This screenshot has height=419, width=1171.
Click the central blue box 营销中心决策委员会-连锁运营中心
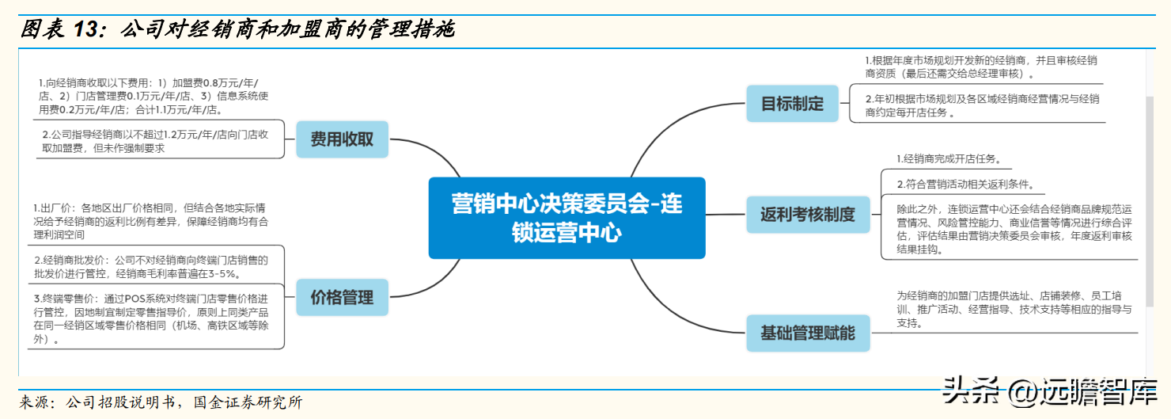point(567,218)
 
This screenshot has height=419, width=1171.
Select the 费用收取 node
point(342,140)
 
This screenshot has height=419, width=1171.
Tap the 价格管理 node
point(342,298)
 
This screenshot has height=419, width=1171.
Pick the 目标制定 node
point(792,104)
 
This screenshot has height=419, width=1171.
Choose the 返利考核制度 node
point(807,215)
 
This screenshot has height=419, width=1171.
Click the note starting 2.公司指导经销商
point(158,141)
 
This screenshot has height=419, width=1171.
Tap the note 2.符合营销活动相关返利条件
point(965,185)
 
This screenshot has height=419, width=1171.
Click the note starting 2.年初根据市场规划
point(981,105)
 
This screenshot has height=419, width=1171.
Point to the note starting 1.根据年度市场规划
point(981,67)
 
